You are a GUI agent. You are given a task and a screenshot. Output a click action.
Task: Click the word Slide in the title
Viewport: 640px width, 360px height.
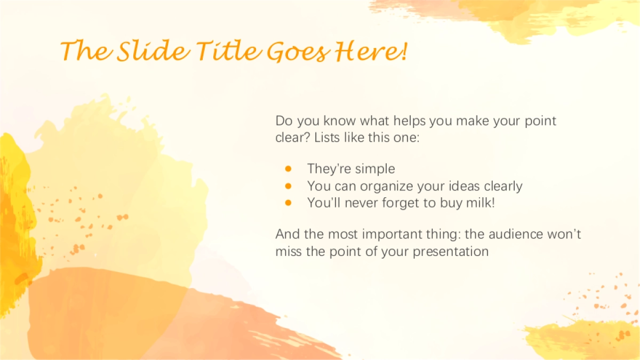coord(154,51)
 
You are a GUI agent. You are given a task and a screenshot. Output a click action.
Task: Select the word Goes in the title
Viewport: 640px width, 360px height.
coord(299,52)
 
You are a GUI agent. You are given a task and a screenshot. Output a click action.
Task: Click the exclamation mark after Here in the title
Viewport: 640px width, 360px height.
coord(404,51)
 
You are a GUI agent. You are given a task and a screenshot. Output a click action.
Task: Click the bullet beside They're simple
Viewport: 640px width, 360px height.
coord(288,169)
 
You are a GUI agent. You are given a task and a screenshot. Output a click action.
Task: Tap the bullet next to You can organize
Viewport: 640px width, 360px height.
coord(288,186)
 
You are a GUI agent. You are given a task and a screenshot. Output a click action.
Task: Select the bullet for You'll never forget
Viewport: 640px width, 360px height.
coord(288,203)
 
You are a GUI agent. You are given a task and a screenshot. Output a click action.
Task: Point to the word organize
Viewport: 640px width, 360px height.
coord(387,187)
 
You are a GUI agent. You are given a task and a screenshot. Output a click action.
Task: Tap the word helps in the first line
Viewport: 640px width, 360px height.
coord(410,121)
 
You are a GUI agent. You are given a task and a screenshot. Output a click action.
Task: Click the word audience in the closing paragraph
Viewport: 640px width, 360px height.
coord(516,234)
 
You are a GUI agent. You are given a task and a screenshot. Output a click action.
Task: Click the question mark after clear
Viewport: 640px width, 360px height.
coord(307,138)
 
